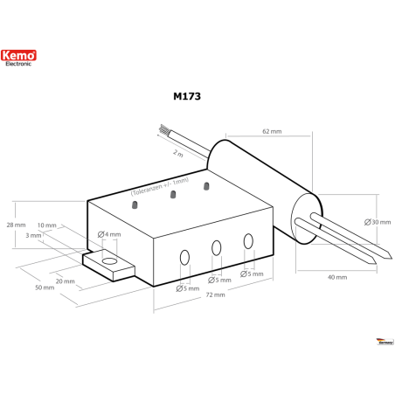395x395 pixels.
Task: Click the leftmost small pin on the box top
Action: click(x=135, y=205)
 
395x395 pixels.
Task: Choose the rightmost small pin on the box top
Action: click(x=206, y=186)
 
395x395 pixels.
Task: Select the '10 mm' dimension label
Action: click(x=48, y=225)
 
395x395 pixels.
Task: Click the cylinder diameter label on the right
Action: click(x=371, y=222)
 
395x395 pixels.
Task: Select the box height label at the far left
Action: click(x=10, y=225)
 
